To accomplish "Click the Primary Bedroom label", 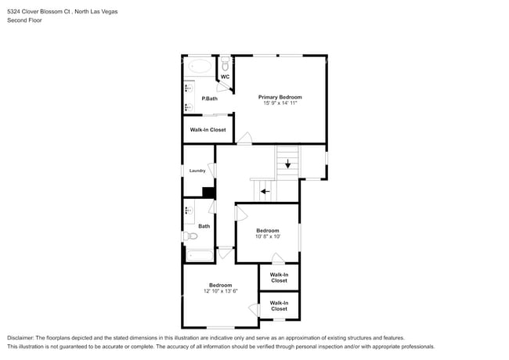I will point(280,97).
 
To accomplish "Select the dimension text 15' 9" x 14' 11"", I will point(280,103).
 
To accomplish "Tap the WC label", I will point(225,77).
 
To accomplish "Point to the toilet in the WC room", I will point(225,62).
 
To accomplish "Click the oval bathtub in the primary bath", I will point(200,66).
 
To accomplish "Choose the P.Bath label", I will point(209,99).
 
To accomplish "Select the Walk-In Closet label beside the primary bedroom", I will point(208,130).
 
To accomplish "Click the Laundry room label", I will point(197,171).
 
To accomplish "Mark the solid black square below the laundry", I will point(208,193).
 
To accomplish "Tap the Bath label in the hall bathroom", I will point(204,226).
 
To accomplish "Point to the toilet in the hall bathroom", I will point(190,236).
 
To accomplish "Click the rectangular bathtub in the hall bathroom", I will point(199,255).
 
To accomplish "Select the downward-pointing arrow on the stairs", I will point(287,164).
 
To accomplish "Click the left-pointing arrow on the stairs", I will point(265,190).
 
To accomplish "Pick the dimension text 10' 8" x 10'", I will point(268,236).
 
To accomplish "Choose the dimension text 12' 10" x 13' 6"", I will point(220,291).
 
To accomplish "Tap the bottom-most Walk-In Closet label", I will point(279,305).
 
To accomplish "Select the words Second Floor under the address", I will point(24,20).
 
